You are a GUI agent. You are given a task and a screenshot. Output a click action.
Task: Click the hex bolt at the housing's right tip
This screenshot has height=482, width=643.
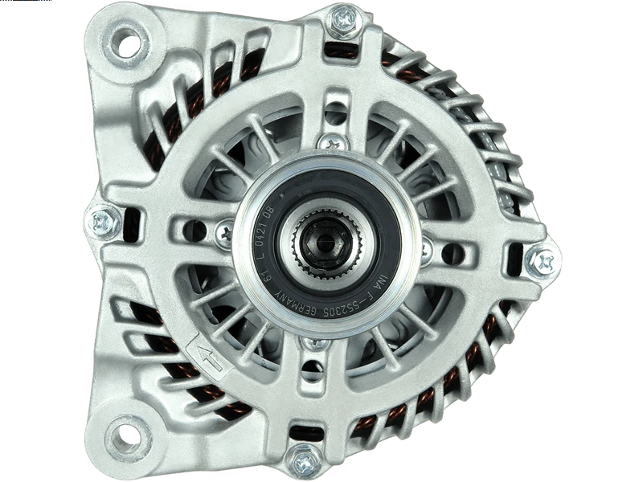coord(544,260)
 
